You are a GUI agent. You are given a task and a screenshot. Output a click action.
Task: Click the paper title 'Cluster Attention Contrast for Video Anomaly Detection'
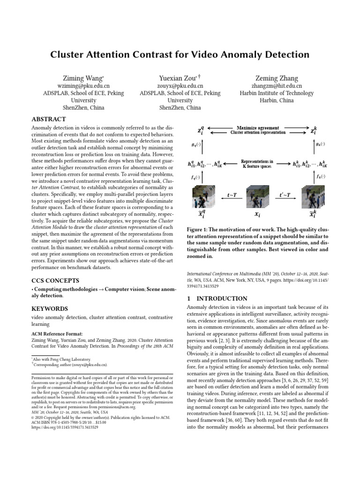coord(180,54)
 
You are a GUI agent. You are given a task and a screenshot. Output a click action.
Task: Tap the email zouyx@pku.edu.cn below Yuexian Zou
coord(180,86)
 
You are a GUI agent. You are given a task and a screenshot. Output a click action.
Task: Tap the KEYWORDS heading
coord(50,309)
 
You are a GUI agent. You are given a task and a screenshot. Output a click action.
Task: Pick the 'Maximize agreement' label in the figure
coord(257,127)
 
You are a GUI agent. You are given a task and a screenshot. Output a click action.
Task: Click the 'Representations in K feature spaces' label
coord(257,164)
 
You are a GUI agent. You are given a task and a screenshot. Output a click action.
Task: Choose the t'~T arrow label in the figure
coord(285,195)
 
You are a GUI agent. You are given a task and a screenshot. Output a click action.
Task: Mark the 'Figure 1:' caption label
coord(200,230)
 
